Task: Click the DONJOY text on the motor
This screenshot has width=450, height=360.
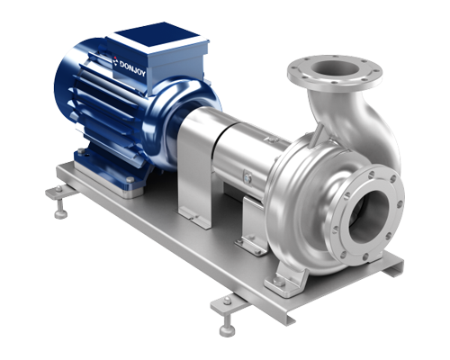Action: [132, 68]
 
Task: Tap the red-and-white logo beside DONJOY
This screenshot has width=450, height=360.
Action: [116, 61]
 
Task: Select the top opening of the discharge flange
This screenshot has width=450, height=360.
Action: [335, 68]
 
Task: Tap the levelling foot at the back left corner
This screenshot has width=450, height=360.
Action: [61, 202]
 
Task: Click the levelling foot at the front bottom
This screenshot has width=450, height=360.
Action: [228, 318]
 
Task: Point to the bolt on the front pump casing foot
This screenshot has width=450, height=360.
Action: [278, 281]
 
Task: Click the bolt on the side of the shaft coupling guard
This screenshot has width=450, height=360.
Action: [247, 177]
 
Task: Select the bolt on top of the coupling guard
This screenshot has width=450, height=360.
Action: [272, 139]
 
